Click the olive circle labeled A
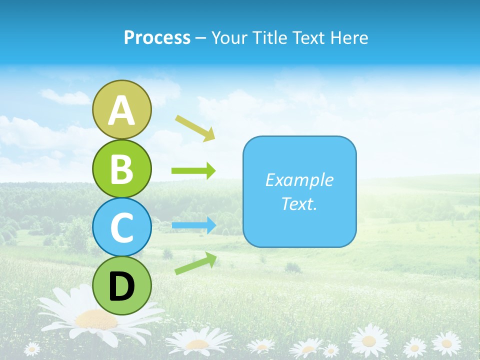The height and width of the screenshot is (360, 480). click(x=121, y=109)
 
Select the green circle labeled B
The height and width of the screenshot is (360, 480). click(x=121, y=168)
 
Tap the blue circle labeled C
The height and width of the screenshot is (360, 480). click(x=121, y=227)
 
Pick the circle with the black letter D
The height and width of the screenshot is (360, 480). click(x=121, y=286)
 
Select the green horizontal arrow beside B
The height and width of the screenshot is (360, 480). click(x=193, y=171)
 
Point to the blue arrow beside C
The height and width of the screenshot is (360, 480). click(x=194, y=225)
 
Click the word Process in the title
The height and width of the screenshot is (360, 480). click(x=157, y=37)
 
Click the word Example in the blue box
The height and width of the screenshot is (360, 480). click(x=299, y=180)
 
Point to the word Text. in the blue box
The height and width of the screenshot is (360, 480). click(x=299, y=203)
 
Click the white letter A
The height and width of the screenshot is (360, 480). click(x=121, y=110)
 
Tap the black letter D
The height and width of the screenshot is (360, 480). click(x=121, y=286)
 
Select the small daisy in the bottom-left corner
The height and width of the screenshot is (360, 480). click(x=32, y=348)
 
